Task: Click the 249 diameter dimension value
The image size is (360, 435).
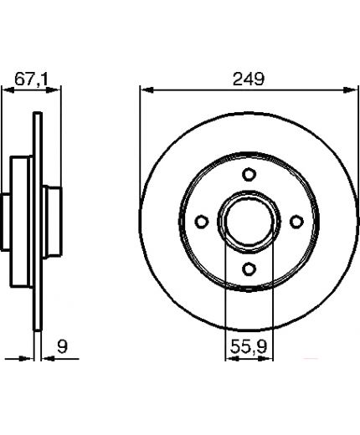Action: pyautogui.click(x=249, y=79)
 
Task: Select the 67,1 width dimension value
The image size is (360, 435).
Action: pyautogui.click(x=31, y=79)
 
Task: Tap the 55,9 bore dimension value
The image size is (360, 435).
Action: pyautogui.click(x=249, y=346)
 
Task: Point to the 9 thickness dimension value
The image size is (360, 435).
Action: pyautogui.click(x=62, y=346)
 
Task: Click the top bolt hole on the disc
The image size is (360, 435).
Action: pyautogui.click(x=249, y=175)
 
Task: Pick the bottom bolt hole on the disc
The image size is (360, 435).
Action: pyautogui.click(x=249, y=269)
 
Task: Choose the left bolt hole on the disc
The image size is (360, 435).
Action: pyautogui.click(x=202, y=222)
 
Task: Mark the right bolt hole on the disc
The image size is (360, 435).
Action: pyautogui.click(x=296, y=222)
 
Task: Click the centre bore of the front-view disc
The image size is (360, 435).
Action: pyautogui.click(x=249, y=222)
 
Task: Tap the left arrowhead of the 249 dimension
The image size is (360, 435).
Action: pyautogui.click(x=147, y=90)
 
